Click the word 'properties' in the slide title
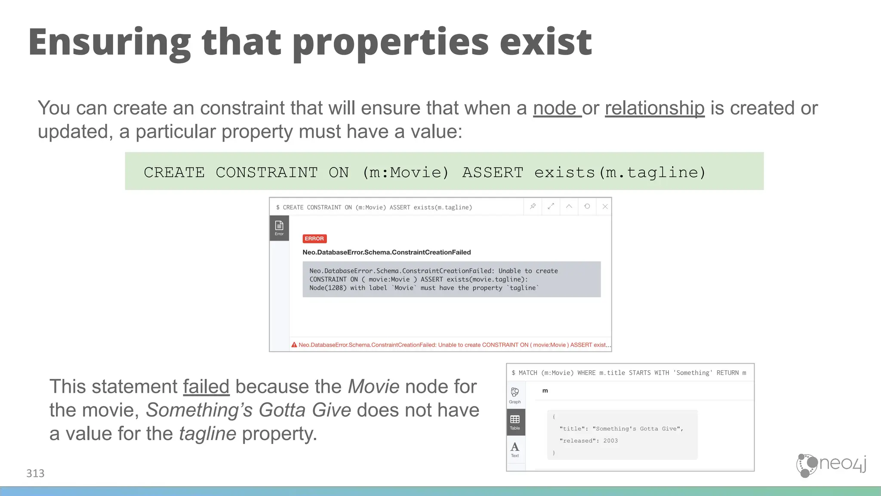[391, 43]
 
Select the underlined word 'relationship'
[654, 108]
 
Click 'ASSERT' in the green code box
[493, 172]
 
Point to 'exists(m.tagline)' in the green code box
[620, 172]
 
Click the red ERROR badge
[314, 239]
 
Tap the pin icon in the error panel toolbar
[533, 206]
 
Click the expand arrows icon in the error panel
[551, 206]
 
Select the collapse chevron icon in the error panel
[569, 206]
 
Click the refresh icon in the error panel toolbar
[587, 206]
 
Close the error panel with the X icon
[605, 206]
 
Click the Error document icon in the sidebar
[279, 228]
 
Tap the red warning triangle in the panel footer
[294, 345]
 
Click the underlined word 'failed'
[206, 386]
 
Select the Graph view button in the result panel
[515, 395]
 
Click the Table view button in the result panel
[515, 422]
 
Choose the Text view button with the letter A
[515, 449]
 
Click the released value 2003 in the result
[610, 441]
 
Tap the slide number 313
[35, 474]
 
